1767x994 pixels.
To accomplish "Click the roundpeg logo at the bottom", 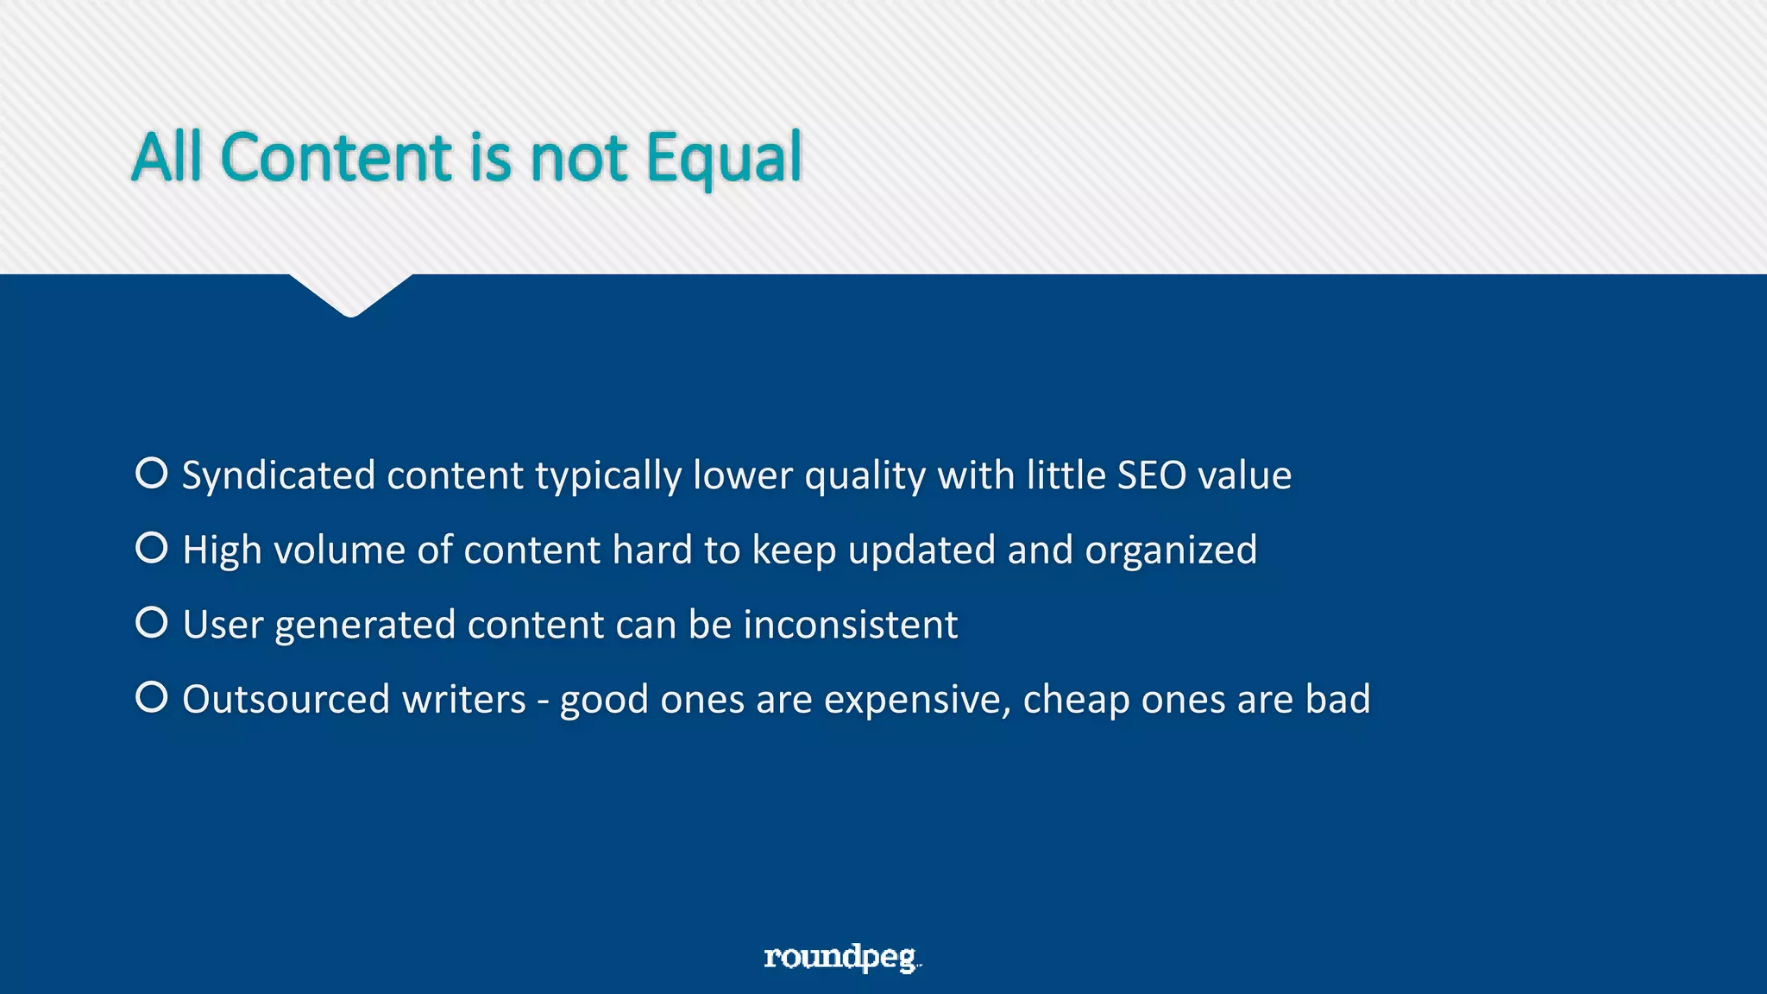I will [x=842, y=957].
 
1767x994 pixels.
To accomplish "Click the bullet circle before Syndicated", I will [x=152, y=473].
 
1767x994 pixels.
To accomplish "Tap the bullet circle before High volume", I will [x=152, y=548].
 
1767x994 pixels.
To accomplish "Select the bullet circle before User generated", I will [x=152, y=622].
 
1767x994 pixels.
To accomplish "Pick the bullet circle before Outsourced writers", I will [x=152, y=697].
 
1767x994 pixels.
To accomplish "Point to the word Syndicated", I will [x=279, y=476].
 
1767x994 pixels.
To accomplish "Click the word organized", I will [x=1171, y=550].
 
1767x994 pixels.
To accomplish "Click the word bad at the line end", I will [x=1337, y=699].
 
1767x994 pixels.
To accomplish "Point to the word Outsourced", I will [x=286, y=699].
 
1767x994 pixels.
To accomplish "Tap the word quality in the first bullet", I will [x=865, y=476].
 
